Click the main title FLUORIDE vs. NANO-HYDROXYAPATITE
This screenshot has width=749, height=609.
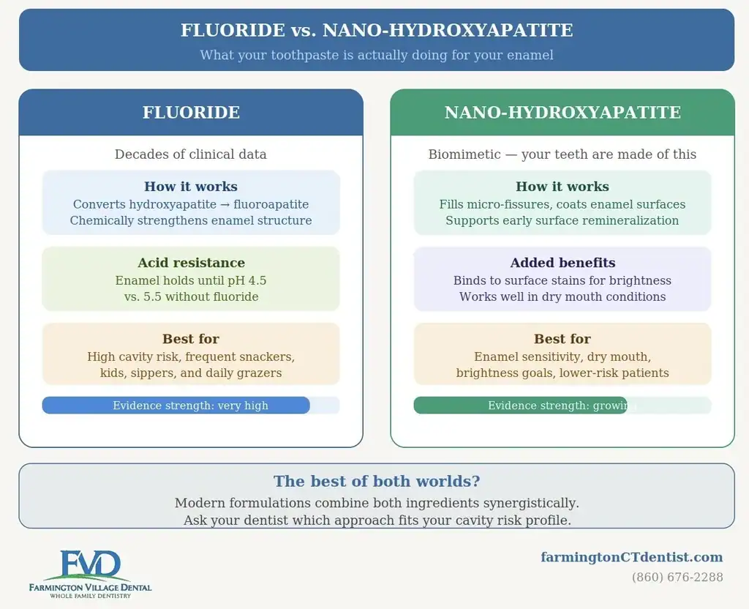pyautogui.click(x=377, y=30)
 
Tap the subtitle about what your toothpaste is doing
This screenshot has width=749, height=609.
pyautogui.click(x=377, y=55)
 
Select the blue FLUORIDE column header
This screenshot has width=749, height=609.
pyautogui.click(x=191, y=112)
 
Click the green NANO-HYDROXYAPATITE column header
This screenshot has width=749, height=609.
pyautogui.click(x=562, y=112)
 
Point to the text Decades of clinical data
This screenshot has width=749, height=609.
pyautogui.click(x=191, y=154)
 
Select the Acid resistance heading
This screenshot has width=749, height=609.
pyautogui.click(x=191, y=263)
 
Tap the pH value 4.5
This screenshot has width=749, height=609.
pyautogui.click(x=257, y=280)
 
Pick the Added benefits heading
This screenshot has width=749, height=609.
pyautogui.click(x=562, y=263)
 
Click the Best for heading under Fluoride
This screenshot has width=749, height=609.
pyautogui.click(x=191, y=339)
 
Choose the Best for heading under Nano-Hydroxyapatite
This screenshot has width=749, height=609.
pyautogui.click(x=562, y=339)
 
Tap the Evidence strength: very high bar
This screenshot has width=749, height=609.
pyautogui.click(x=176, y=406)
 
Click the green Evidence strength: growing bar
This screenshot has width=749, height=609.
pyautogui.click(x=520, y=406)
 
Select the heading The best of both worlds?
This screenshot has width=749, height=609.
pyautogui.click(x=377, y=481)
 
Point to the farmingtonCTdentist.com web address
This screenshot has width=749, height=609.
pyautogui.click(x=631, y=557)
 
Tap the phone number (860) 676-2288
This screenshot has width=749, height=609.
pyautogui.click(x=677, y=578)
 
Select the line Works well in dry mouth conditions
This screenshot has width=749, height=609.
pyautogui.click(x=562, y=297)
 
